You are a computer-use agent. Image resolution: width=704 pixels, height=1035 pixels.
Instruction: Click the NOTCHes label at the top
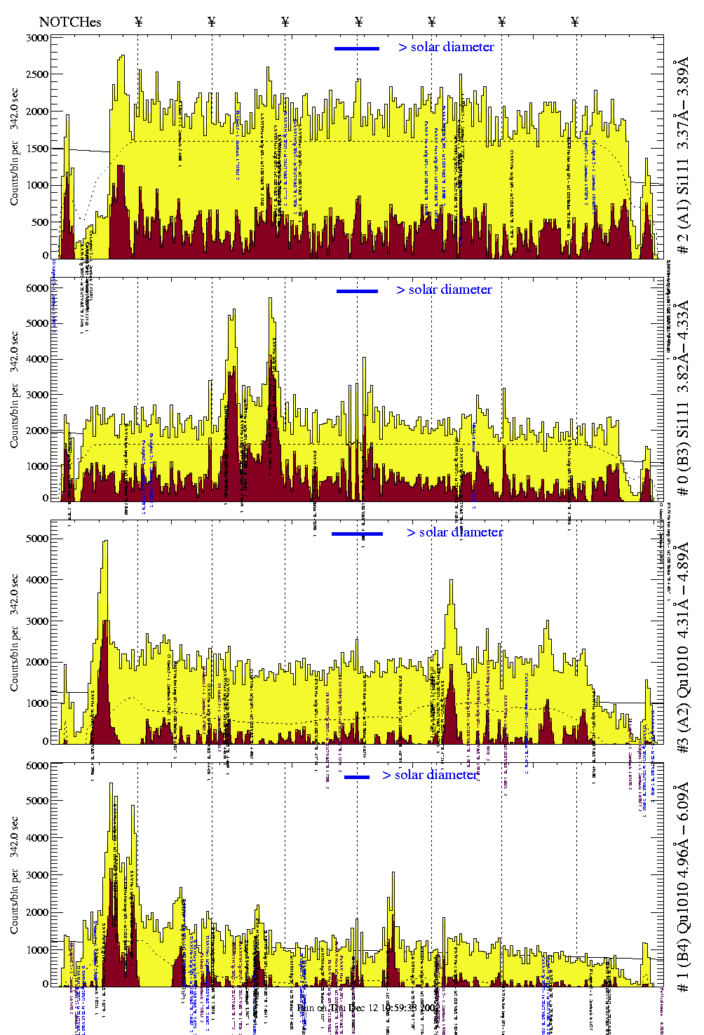tap(70, 22)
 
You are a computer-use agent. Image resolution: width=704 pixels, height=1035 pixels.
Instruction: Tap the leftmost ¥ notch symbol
tap(138, 22)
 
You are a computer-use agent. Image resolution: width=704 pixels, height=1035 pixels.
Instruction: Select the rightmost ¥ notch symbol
tap(575, 22)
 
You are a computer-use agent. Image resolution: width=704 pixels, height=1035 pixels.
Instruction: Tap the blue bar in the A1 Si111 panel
tap(357, 48)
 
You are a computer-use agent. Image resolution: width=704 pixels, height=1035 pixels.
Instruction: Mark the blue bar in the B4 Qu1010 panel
tap(357, 777)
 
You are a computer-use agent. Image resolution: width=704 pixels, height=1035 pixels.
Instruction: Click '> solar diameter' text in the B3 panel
tap(444, 290)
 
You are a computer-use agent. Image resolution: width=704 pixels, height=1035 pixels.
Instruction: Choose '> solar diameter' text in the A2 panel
tap(454, 532)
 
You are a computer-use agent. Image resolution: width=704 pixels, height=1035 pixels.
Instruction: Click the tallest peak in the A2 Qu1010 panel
tap(105, 541)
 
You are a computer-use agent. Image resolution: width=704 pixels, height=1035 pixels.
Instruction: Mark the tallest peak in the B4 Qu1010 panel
tap(111, 784)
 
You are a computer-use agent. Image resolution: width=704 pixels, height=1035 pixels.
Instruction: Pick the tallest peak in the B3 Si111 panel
tap(270, 299)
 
